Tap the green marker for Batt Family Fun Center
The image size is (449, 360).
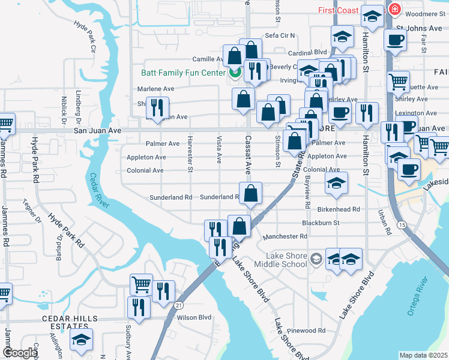coord(234,73)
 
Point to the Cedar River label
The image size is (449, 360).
coord(100,191)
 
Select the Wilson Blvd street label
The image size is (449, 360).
coord(194,317)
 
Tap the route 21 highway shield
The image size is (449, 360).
coord(179,305)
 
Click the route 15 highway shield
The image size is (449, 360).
coord(400,224)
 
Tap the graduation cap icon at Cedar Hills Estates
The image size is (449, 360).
coord(81,339)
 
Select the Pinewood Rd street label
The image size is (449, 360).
coord(306,331)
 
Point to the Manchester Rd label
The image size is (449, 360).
coord(288,236)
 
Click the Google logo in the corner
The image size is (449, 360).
coord(19,353)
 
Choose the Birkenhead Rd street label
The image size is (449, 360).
coord(339,209)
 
